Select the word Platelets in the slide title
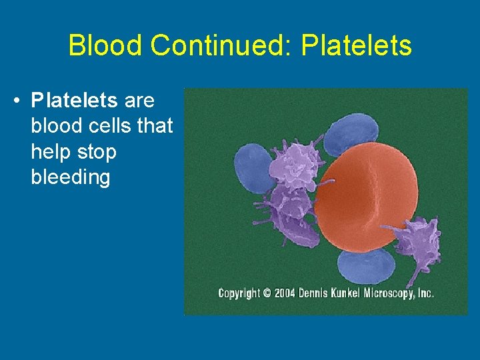coord(357,46)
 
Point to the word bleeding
coord(70,177)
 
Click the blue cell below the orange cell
coord(365,267)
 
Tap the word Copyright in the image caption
coord(239,293)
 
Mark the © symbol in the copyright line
coord(267,293)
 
